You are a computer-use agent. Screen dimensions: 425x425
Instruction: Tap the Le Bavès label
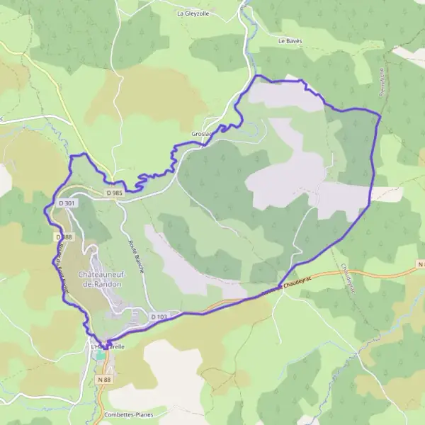pos(290,41)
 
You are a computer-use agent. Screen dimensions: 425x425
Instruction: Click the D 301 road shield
pos(67,203)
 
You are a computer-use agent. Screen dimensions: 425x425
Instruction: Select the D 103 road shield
pos(158,317)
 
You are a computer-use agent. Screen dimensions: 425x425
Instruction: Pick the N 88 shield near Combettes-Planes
pos(104,380)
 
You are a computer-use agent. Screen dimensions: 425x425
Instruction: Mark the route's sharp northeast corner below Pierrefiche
pos(380,115)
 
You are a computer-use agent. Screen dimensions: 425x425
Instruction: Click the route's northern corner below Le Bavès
pos(258,75)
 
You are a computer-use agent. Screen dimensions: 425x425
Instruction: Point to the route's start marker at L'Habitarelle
pos(108,343)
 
